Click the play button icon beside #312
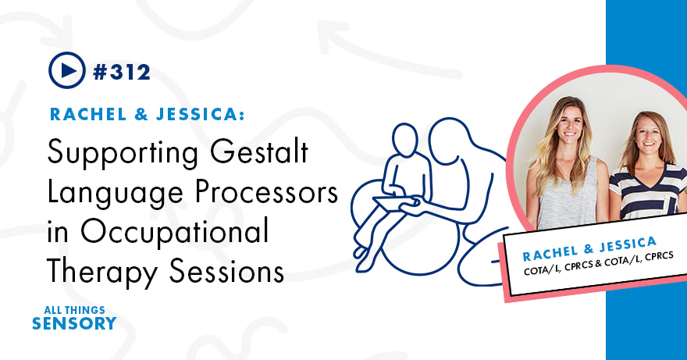[66, 71]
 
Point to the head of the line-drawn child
[405, 141]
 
